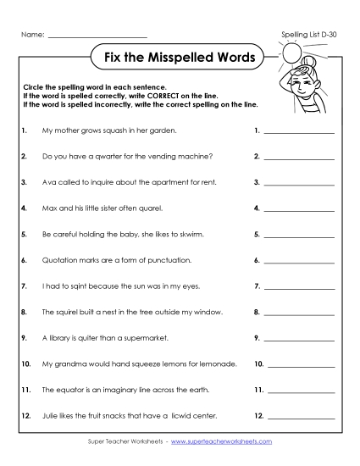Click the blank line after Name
pyautogui.click(x=97, y=37)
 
